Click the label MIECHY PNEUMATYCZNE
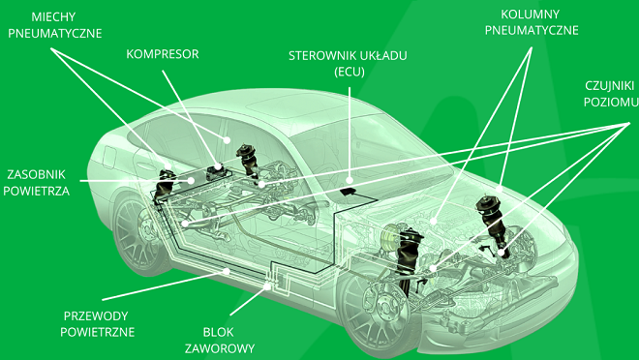point(54,25)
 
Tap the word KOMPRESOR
point(163,54)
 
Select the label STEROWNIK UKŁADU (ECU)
point(348,64)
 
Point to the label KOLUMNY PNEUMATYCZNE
point(532,22)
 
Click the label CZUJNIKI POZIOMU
point(611,94)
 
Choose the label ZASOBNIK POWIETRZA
point(36,183)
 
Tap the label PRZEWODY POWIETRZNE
point(97,324)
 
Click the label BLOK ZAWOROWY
point(219,340)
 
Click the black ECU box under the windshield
point(348,191)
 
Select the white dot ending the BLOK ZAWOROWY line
point(267,286)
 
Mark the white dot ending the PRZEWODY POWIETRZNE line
point(227,271)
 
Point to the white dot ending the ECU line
point(350,180)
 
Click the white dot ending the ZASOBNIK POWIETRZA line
point(191,180)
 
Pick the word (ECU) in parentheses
point(350,72)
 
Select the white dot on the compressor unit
point(219,166)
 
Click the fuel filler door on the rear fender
point(109,157)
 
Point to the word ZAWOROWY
point(219,348)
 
